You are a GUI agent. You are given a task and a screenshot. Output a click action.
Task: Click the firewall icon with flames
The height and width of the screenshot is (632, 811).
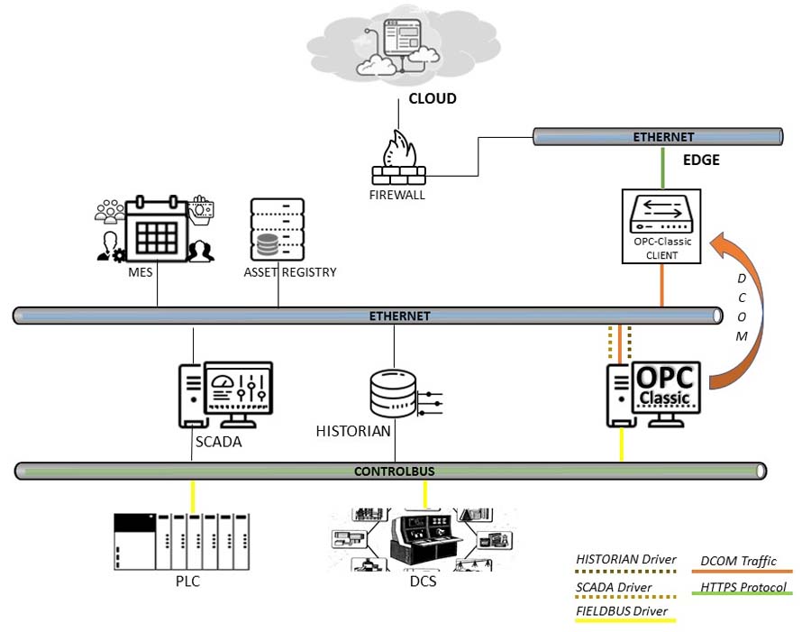pyautogui.click(x=397, y=159)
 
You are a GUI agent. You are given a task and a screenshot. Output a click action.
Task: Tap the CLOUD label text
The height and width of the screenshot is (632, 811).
pyautogui.click(x=433, y=99)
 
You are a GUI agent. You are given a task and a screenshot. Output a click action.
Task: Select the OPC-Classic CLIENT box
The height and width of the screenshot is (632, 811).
pyautogui.click(x=662, y=226)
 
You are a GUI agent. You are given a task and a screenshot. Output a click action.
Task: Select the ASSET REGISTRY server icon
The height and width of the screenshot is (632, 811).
pyautogui.click(x=278, y=230)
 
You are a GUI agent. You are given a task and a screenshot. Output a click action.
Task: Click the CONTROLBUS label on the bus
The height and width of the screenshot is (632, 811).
pyautogui.click(x=390, y=471)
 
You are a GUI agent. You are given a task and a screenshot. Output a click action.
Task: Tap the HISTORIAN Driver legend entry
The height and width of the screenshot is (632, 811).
pyautogui.click(x=625, y=559)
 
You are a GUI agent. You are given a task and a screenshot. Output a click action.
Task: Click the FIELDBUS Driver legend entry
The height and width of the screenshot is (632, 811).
pyautogui.click(x=622, y=611)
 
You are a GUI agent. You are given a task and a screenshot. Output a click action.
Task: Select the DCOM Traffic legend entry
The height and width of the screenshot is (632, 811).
pyautogui.click(x=738, y=562)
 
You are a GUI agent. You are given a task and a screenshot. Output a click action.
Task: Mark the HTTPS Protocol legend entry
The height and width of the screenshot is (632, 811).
pyautogui.click(x=743, y=588)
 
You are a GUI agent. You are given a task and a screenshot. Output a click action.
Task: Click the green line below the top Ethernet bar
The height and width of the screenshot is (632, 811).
pyautogui.click(x=663, y=166)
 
